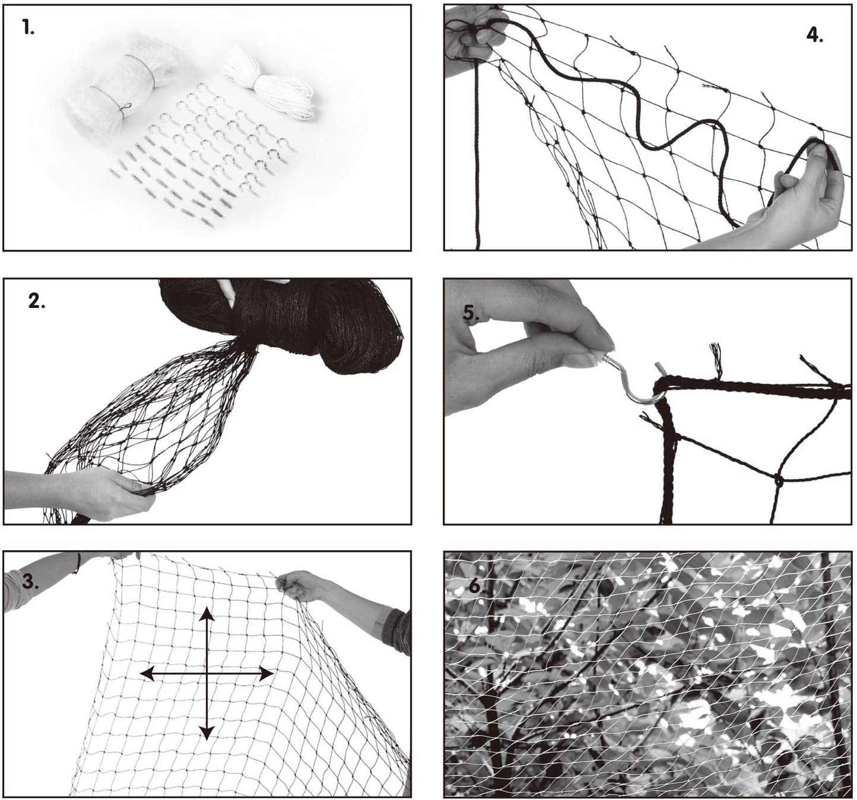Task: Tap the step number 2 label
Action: [37, 301]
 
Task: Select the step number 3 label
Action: [30, 583]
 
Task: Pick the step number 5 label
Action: [471, 313]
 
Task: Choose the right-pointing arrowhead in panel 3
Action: [266, 673]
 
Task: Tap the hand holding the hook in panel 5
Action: [526, 345]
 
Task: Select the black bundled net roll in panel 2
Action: [281, 323]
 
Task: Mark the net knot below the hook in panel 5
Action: [778, 479]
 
